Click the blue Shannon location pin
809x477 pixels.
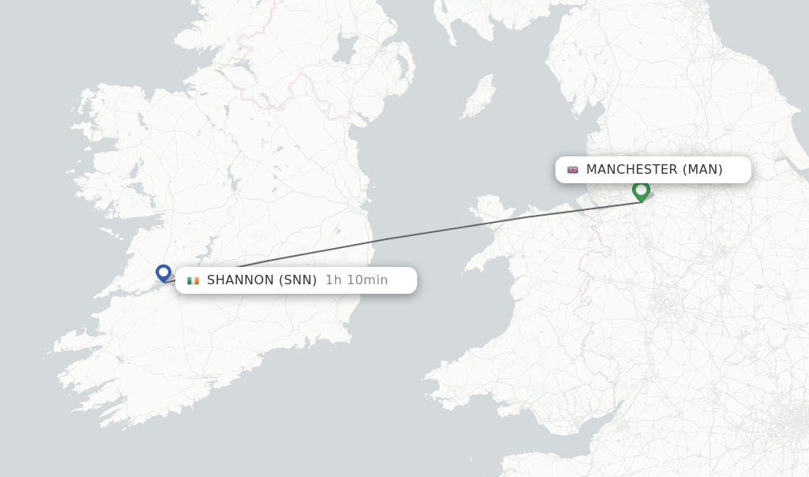(164, 272)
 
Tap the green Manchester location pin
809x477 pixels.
(641, 190)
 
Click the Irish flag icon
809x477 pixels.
(193, 280)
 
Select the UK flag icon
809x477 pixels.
(573, 170)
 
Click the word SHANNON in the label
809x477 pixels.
(240, 280)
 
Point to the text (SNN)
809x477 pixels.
(298, 280)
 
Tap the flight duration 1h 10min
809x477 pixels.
(356, 280)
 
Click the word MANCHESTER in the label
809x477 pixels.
(631, 170)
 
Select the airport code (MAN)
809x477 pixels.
(702, 170)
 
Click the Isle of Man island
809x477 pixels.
(479, 96)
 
